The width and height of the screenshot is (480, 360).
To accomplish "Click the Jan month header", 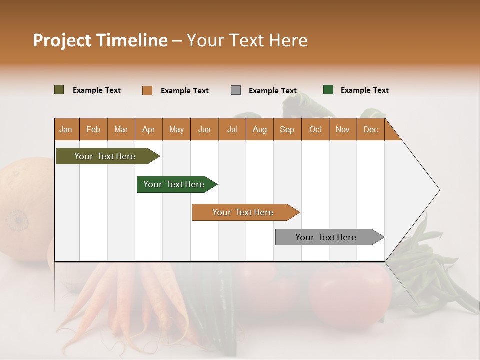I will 66,129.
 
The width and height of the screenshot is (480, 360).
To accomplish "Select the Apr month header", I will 149,129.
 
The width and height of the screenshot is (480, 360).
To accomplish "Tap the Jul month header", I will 232,129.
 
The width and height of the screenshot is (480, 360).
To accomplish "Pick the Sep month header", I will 287,129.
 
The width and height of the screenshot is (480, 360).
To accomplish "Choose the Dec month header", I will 370,129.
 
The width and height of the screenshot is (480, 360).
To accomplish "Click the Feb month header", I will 93,129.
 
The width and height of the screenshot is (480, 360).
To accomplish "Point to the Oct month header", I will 315,129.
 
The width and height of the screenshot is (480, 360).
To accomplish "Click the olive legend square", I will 59,90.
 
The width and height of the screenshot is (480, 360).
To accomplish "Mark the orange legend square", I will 147,90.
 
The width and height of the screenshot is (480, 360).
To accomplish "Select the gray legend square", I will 236,90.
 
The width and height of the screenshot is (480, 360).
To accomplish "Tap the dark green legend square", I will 328,90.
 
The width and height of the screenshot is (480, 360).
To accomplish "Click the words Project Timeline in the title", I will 100,40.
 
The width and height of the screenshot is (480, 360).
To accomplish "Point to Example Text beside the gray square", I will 273,91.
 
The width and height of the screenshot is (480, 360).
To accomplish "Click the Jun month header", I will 204,129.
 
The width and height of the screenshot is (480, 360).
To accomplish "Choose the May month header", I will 176,129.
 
